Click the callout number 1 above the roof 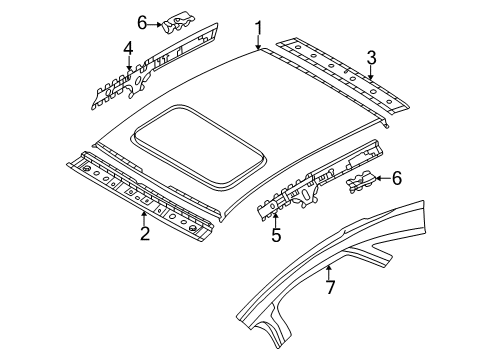click(x=259, y=28)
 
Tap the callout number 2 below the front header click(x=145, y=233)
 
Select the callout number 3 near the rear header click(x=371, y=58)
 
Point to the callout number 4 click(x=128, y=49)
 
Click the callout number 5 click(x=276, y=235)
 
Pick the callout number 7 click(x=330, y=287)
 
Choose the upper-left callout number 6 click(x=142, y=24)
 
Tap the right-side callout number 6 click(x=397, y=178)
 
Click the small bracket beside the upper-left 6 click(x=178, y=23)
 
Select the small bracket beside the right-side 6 click(x=361, y=181)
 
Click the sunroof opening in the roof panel click(x=200, y=148)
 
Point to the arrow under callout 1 click(x=259, y=43)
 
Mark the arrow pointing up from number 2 click(x=144, y=218)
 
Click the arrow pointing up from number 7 click(x=329, y=272)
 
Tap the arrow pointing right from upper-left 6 click(x=155, y=24)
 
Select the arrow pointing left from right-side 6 click(x=384, y=178)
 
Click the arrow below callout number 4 click(x=129, y=64)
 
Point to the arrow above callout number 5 click(x=275, y=220)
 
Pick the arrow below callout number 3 click(x=371, y=73)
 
